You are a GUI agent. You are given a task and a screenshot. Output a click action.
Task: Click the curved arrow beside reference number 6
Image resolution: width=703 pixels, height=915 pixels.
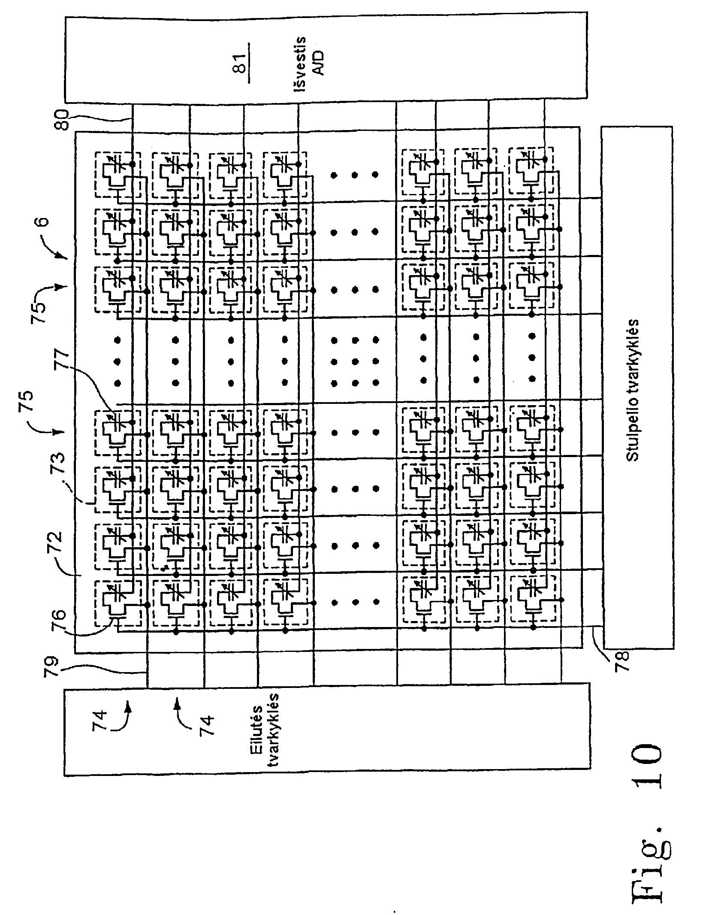(55, 246)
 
